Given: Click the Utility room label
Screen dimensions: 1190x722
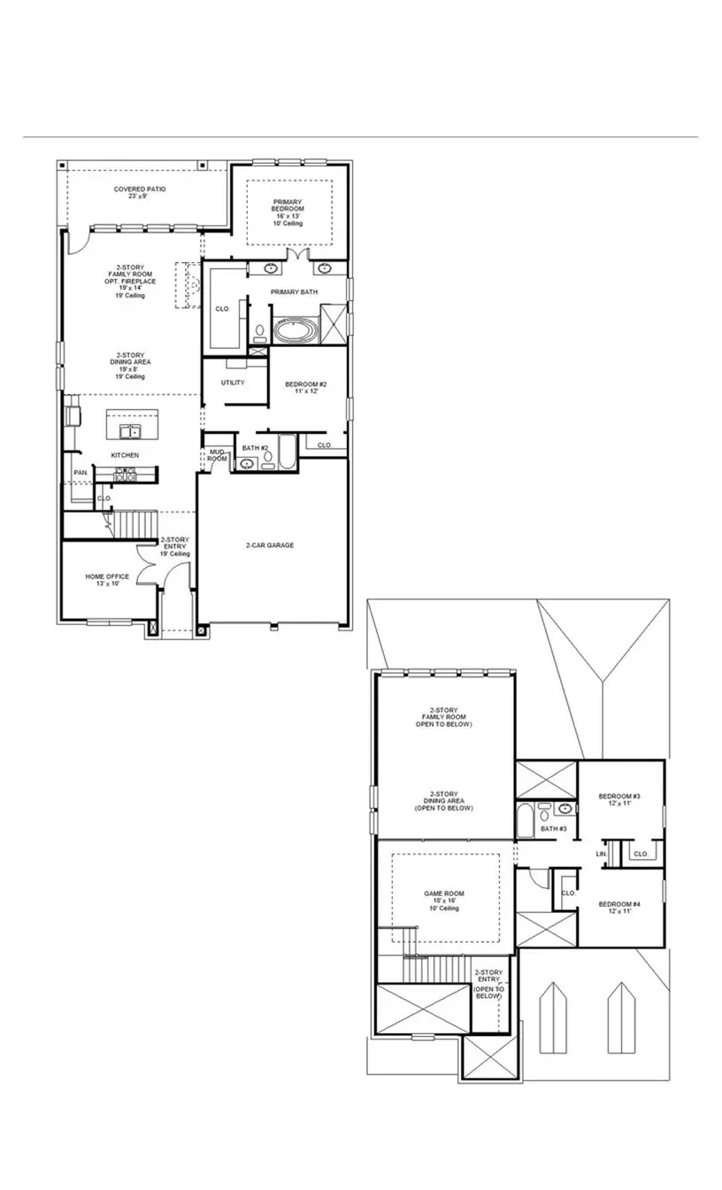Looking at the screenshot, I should click(x=233, y=382).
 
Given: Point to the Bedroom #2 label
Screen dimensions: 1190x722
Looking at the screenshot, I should click(x=306, y=387).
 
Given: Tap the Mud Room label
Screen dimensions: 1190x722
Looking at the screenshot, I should click(x=217, y=455).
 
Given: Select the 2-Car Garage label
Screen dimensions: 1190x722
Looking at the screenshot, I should click(x=270, y=545).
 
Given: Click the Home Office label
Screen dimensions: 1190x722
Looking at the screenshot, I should click(x=107, y=580).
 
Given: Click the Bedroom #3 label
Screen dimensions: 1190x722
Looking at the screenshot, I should click(x=618, y=800).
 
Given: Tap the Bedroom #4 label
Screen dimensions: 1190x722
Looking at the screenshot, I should click(x=618, y=908).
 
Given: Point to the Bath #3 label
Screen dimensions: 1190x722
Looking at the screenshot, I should click(x=553, y=829).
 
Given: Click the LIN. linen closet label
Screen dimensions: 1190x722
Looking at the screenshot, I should click(x=601, y=854).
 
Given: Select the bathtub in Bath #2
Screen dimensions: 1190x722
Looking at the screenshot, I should click(x=289, y=453).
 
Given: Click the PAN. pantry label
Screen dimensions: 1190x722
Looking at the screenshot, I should click(x=81, y=473).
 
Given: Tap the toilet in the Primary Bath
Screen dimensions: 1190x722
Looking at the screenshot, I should click(x=260, y=334).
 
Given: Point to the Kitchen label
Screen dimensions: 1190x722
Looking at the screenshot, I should click(x=124, y=455).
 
